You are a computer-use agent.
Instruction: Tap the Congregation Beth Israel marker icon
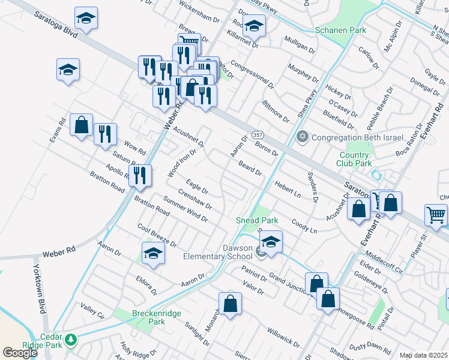tap(303, 137)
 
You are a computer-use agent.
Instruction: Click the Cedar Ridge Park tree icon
tap(71, 340)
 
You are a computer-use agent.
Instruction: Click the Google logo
tap(20, 352)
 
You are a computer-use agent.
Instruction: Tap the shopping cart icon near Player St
tap(436, 214)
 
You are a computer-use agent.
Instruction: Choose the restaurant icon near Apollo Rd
tap(139, 175)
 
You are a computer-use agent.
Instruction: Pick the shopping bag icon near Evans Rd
tap(81, 125)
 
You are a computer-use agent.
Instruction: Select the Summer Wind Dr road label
tap(185, 211)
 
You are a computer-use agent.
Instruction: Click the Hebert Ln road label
tap(288, 190)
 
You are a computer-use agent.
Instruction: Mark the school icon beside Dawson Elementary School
tap(271, 242)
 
